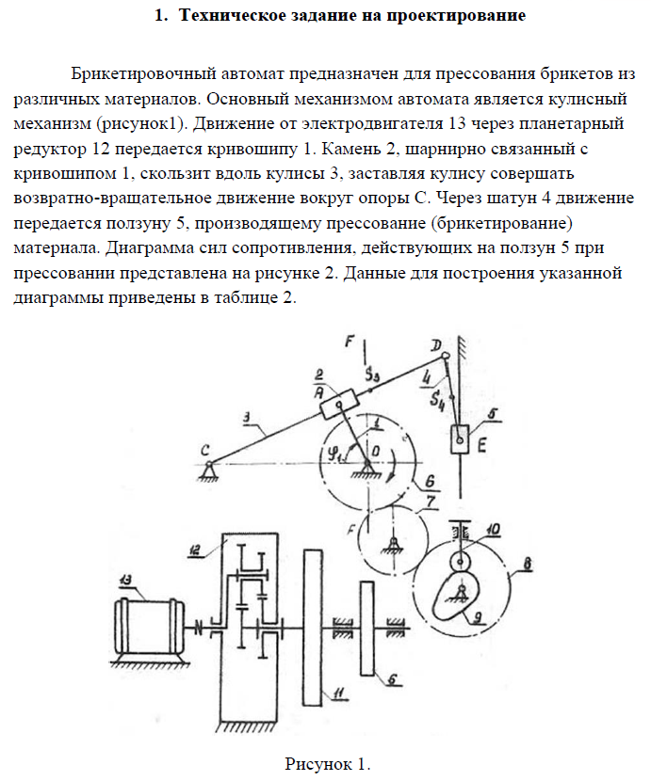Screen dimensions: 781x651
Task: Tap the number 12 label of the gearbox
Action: coord(195,550)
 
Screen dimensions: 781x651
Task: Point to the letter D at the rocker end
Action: coord(434,348)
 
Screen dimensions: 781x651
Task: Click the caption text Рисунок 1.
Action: coord(326,763)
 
